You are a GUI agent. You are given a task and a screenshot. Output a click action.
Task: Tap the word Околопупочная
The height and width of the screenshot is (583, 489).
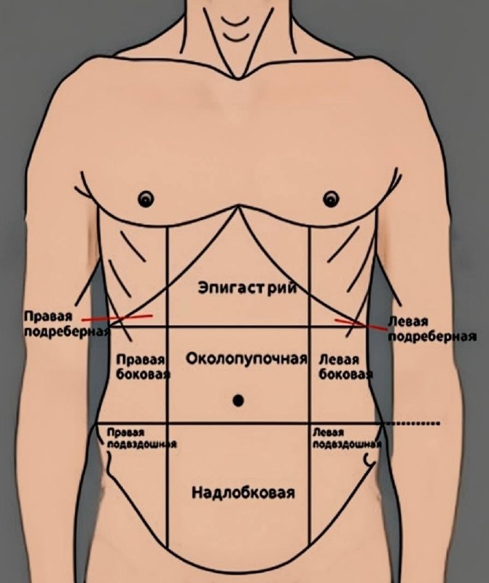pos(243,358)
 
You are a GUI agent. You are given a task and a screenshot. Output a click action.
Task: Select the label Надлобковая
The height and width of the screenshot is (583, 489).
pos(243,493)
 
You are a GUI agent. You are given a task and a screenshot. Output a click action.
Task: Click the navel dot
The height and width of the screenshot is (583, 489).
pos(238,400)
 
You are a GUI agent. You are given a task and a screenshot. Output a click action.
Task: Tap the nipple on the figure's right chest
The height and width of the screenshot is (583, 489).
pos(146,197)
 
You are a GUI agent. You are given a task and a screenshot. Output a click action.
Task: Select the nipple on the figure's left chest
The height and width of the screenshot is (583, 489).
pos(332,197)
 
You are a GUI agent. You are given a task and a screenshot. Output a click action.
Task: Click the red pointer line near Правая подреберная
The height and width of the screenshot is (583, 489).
pos(117,318)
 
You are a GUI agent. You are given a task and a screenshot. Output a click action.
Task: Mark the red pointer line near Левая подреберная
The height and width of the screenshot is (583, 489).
pos(361,324)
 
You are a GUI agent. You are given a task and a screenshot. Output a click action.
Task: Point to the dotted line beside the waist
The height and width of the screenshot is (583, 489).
pos(412,423)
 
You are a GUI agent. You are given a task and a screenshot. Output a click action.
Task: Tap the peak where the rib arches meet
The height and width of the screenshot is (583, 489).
pos(238,208)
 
